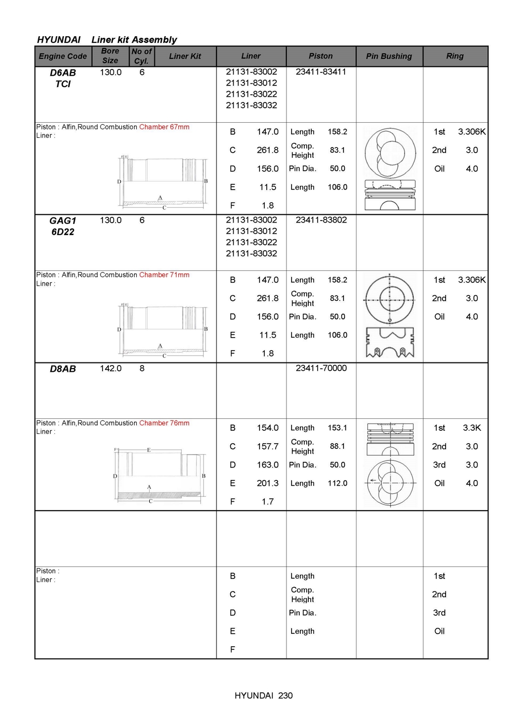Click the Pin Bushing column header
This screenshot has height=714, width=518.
(389, 56)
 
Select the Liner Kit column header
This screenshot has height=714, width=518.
(185, 56)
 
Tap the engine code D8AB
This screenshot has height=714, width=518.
(63, 369)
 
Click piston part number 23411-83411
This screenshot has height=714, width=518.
(321, 72)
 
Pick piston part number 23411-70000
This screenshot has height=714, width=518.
(321, 368)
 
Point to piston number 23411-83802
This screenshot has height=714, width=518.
(321, 220)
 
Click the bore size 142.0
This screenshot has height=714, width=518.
(111, 368)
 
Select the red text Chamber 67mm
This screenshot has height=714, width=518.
(164, 127)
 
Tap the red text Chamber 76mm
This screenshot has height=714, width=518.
(164, 423)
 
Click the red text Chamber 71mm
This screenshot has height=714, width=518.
(164, 275)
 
